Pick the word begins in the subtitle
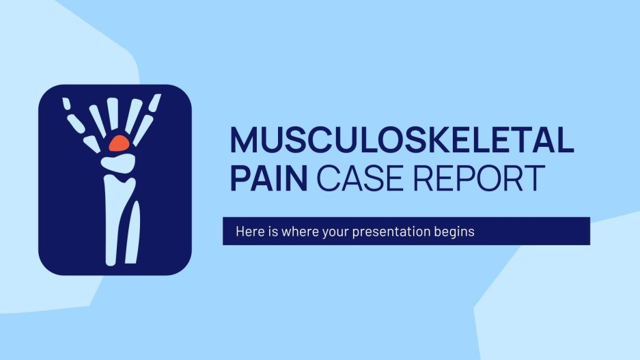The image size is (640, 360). pos(453,232)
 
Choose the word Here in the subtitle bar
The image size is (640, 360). pos(248,232)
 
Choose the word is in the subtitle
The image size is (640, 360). pos(269,232)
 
